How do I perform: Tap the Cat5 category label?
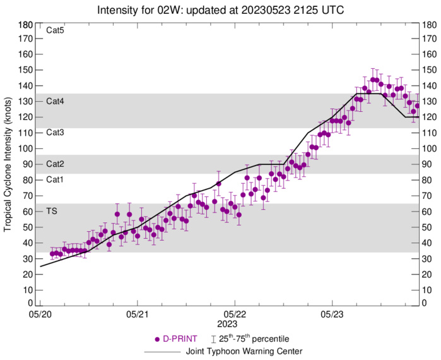tap(56, 30)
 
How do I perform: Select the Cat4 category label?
tap(56, 101)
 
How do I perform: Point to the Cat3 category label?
tap(56, 132)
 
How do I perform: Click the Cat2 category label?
tap(56, 164)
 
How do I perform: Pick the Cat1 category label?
tap(56, 179)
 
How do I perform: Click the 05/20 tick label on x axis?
tap(40, 313)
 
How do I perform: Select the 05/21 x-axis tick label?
tap(138, 313)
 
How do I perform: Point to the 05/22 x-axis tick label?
tap(235, 313)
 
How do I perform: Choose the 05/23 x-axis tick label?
tap(332, 313)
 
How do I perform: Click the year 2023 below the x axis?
tap(235, 323)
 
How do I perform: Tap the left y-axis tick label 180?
tap(26, 25)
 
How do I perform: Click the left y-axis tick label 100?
tap(26, 148)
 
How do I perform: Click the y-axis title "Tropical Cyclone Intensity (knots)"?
tap(8, 164)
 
